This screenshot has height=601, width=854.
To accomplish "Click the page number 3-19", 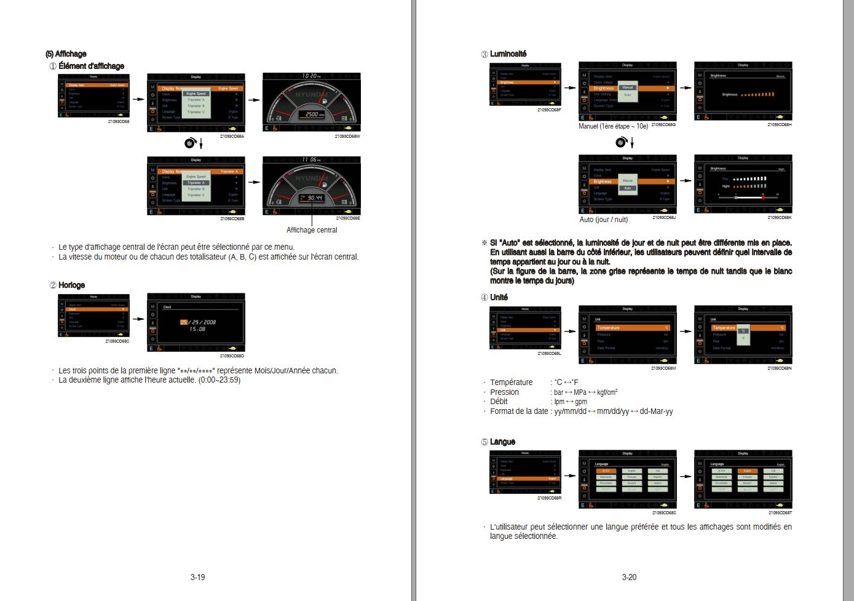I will [197, 577].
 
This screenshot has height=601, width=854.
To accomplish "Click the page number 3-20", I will [629, 577].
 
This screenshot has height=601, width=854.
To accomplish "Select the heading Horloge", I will [71, 285].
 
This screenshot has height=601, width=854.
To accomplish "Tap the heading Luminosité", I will [508, 54].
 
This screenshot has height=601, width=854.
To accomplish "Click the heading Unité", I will [499, 297].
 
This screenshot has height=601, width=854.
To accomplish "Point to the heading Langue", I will [502, 442].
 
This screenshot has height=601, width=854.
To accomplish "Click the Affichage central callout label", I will [312, 230].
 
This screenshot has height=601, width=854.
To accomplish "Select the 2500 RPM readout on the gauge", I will [312, 114].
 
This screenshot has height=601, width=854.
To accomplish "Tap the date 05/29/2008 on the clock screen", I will [197, 322].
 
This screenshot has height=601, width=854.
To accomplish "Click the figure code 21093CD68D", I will [232, 356].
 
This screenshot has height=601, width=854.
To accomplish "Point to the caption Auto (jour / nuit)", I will [604, 220].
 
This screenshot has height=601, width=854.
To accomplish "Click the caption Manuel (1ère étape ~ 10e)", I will [613, 126].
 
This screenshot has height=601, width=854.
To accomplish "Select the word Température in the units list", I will [511, 383].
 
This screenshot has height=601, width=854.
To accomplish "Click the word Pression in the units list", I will [504, 392].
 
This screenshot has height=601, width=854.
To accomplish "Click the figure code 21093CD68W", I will [347, 136].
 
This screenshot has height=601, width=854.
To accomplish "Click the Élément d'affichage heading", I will [91, 66].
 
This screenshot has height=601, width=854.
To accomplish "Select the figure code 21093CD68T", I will [779, 512].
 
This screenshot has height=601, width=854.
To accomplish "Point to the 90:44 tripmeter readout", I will [314, 198].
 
